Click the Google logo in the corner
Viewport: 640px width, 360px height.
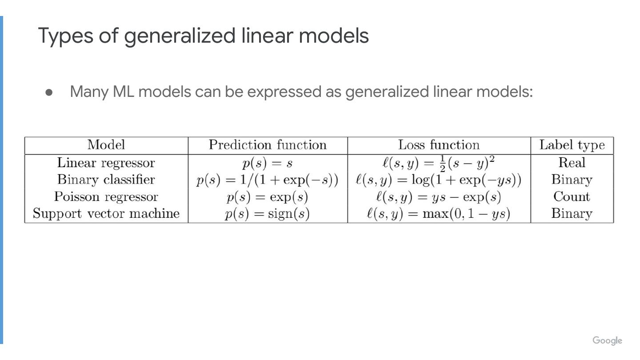[607, 341]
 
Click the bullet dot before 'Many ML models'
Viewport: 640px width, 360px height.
[49, 92]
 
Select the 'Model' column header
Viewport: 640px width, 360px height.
[106, 145]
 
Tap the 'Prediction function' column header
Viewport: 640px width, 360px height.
[268, 145]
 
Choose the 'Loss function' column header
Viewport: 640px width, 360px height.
[439, 145]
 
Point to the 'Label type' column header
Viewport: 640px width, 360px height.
[572, 145]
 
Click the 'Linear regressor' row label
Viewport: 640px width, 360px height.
[106, 163]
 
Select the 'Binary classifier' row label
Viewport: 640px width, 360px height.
[106, 180]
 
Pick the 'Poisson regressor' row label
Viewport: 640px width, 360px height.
[106, 196]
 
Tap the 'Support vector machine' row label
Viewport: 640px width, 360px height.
[106, 213]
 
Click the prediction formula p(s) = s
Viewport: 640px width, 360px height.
[268, 163]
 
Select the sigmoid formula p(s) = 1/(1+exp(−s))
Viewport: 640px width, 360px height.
[268, 180]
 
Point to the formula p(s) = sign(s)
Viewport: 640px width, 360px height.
[268, 214]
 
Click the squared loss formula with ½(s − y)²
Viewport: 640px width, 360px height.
[439, 163]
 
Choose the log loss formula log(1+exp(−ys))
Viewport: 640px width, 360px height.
[439, 180]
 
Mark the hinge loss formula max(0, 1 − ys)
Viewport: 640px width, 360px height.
[439, 214]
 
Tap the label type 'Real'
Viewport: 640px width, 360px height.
[572, 163]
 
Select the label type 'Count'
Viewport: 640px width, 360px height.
[572, 196]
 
